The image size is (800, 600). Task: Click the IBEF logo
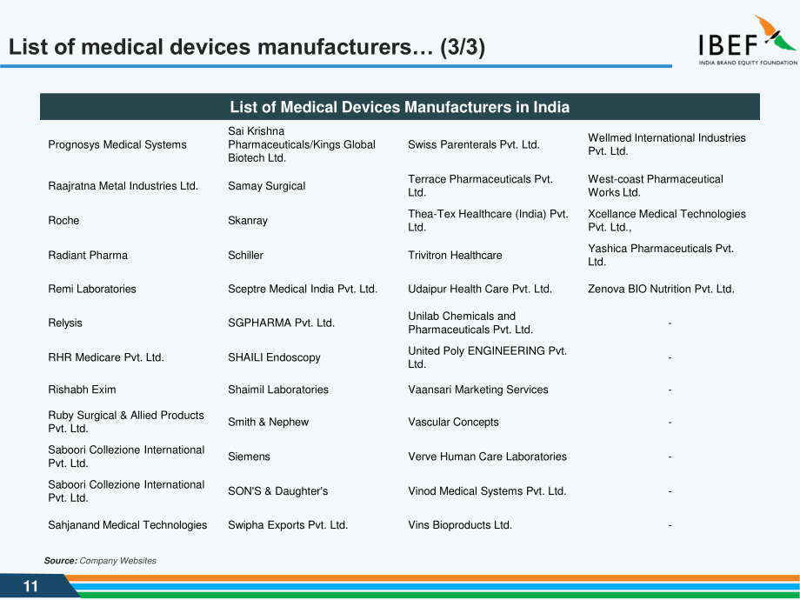[748, 40]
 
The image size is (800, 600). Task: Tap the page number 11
[30, 586]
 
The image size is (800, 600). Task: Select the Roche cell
[63, 220]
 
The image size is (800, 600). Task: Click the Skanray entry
[248, 220]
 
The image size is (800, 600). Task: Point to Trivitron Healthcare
[455, 255]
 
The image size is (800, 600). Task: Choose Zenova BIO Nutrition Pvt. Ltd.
[661, 289]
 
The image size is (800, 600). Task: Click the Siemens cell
[249, 457]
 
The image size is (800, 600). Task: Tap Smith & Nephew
[269, 422]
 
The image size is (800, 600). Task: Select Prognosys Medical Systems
[117, 145]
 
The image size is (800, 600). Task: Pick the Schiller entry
[245, 255]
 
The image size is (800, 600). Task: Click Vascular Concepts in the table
[453, 422]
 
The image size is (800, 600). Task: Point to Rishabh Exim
[82, 390]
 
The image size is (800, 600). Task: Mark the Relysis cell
[65, 323]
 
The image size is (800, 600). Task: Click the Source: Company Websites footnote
[100, 561]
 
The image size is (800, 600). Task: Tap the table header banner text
[399, 107]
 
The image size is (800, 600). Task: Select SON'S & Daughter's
[278, 490]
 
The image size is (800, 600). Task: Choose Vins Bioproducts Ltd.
[460, 525]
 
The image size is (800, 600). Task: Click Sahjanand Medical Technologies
[128, 525]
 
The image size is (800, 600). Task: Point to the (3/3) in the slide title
[463, 47]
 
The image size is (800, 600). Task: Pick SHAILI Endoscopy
[274, 357]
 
